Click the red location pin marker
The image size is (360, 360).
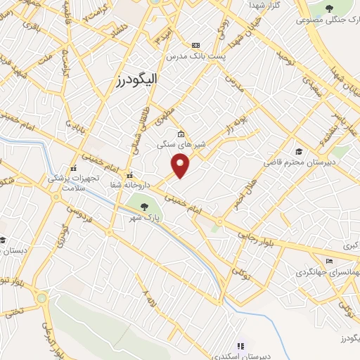pos(181,166)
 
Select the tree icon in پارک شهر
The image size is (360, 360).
pos(144,207)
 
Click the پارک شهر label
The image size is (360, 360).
pos(148,219)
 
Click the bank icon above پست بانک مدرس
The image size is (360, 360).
pos(195,44)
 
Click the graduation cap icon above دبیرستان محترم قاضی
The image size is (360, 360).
pos(299,151)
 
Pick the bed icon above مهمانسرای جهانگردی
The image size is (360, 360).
pos(330,261)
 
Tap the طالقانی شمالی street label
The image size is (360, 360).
pos(148,127)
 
